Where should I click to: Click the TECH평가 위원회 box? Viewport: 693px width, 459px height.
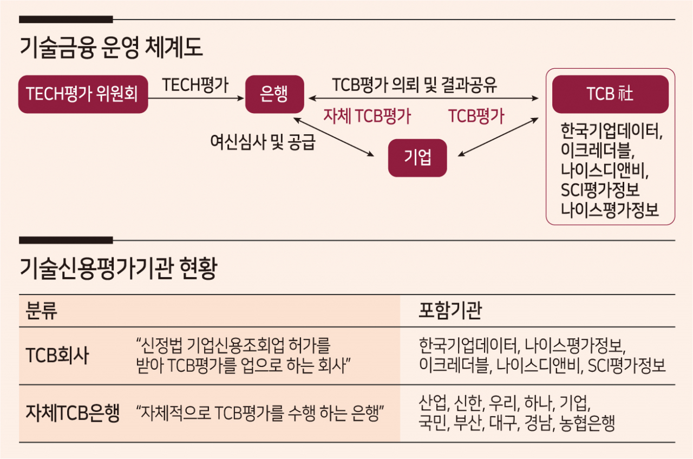coord(83,94)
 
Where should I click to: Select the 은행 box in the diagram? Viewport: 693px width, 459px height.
coord(274,94)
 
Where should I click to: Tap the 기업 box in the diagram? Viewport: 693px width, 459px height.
coord(417,158)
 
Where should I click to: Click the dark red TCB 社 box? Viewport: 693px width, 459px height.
coord(610,94)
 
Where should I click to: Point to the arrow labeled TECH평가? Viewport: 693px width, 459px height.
coord(196,99)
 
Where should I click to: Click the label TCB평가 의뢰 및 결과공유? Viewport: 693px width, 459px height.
coord(415,85)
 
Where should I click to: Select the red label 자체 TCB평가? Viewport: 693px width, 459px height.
coord(367,116)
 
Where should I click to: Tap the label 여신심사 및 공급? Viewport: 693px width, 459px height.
coord(263,142)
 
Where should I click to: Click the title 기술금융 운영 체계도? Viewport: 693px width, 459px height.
coord(111,47)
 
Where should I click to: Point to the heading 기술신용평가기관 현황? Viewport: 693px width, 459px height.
coord(119,268)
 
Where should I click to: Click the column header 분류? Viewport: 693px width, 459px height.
coord(42,310)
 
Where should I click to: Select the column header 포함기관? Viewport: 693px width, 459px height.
coord(450,310)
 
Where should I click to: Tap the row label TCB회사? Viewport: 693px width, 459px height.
coord(57,355)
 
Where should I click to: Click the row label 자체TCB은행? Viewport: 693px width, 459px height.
coord(73,413)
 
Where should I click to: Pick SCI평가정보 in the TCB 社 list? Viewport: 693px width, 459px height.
coord(600,189)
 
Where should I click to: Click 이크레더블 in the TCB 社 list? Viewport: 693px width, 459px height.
coord(598,150)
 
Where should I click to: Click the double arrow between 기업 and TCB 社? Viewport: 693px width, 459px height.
coord(498,137)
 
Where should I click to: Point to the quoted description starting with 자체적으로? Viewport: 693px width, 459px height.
coord(260,413)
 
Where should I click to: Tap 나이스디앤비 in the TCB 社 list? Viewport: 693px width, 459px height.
coord(605,170)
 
